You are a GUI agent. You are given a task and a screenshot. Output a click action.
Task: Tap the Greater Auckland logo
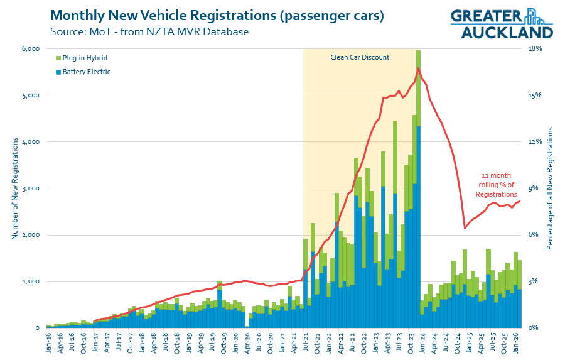tap(502, 24)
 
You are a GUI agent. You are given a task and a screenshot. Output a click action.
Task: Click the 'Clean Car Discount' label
tap(360, 57)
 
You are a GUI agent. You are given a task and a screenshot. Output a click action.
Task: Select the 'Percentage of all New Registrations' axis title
tap(550, 188)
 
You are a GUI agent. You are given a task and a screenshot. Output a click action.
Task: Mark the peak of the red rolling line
tap(419, 68)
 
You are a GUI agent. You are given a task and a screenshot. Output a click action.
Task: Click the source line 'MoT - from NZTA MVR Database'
tap(149, 31)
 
